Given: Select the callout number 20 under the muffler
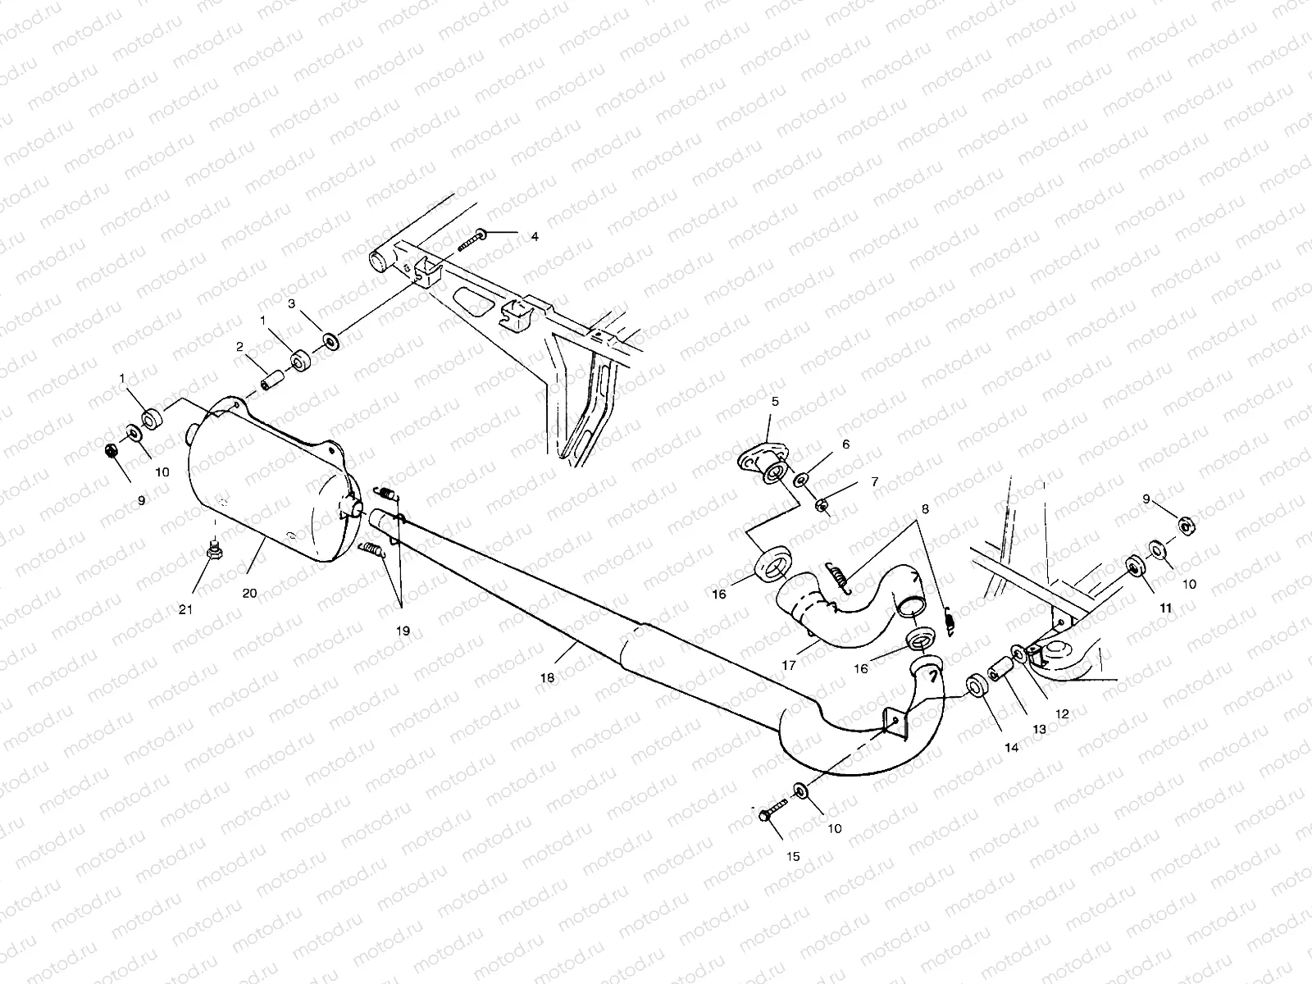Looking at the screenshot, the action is (249, 592).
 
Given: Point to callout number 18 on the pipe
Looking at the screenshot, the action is (548, 678).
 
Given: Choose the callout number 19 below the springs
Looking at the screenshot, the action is (403, 631).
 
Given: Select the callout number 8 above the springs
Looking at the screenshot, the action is (925, 508).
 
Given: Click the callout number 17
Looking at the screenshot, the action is (788, 666).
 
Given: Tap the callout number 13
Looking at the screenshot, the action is (1039, 729).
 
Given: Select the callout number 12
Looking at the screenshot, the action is (1062, 714).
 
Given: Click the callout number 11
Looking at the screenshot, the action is (1166, 609).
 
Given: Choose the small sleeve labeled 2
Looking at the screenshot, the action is (272, 382).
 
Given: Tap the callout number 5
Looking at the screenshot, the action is (774, 402).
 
